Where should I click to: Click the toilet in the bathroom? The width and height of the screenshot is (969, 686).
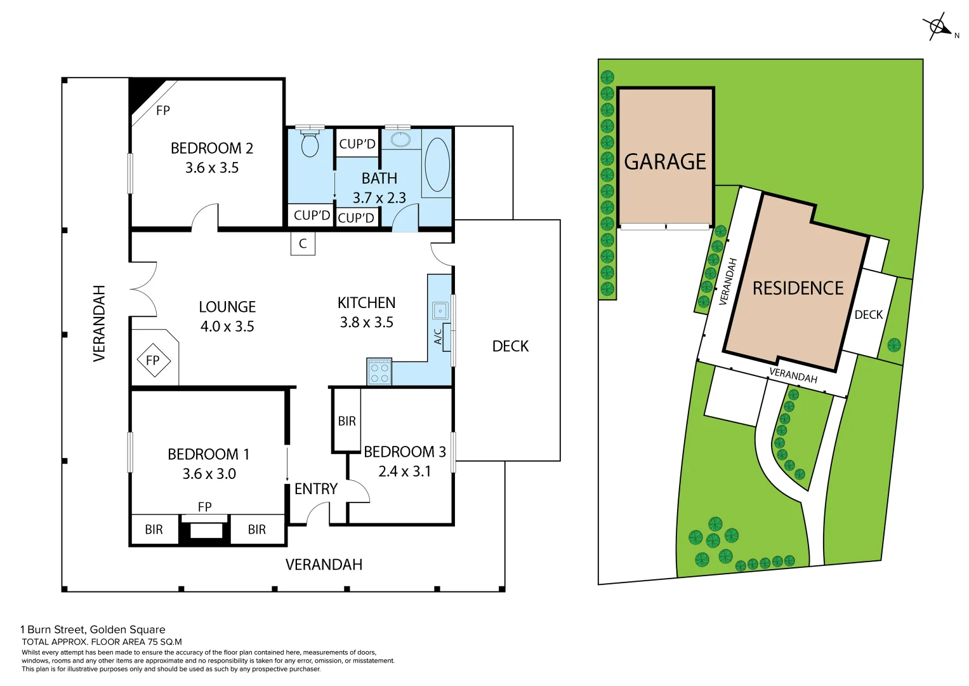pyautogui.click(x=310, y=143)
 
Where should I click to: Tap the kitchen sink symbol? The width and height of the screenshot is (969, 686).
pyautogui.click(x=440, y=311)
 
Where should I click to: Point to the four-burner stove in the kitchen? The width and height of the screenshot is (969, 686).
pyautogui.click(x=379, y=373)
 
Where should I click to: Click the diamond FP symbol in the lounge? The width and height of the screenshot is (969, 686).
pyautogui.click(x=154, y=360)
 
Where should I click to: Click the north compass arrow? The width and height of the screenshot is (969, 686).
pyautogui.click(x=939, y=27)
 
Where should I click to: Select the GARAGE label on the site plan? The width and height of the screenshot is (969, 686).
pyautogui.click(x=664, y=162)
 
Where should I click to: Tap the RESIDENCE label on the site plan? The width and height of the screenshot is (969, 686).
pyautogui.click(x=798, y=288)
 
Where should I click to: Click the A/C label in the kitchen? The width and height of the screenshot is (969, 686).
pyautogui.click(x=438, y=336)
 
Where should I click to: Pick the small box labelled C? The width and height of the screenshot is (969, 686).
pyautogui.click(x=303, y=243)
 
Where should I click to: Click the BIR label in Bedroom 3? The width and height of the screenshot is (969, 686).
pyautogui.click(x=346, y=420)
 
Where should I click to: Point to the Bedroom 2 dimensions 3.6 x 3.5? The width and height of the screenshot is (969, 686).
pyautogui.click(x=212, y=168)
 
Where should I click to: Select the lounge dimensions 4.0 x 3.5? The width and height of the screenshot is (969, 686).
pyautogui.click(x=227, y=326)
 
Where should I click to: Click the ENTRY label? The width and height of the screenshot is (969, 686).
pyautogui.click(x=316, y=488)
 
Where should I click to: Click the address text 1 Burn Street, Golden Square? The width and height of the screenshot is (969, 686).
pyautogui.click(x=93, y=629)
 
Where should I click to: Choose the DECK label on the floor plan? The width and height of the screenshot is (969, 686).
pyautogui.click(x=510, y=346)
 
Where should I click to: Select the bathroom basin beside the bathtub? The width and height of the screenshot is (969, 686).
pyautogui.click(x=400, y=139)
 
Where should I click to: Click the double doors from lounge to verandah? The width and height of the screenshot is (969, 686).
pyautogui.click(x=143, y=289)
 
